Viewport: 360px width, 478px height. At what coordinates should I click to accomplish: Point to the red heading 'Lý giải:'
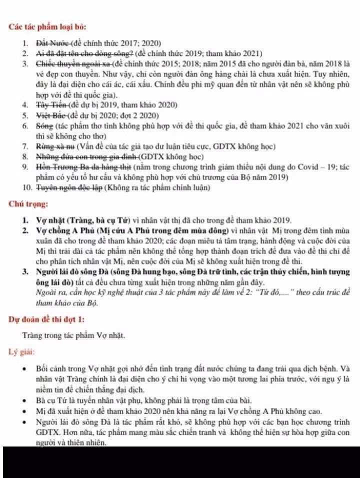pyautogui.click(x=21, y=352)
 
